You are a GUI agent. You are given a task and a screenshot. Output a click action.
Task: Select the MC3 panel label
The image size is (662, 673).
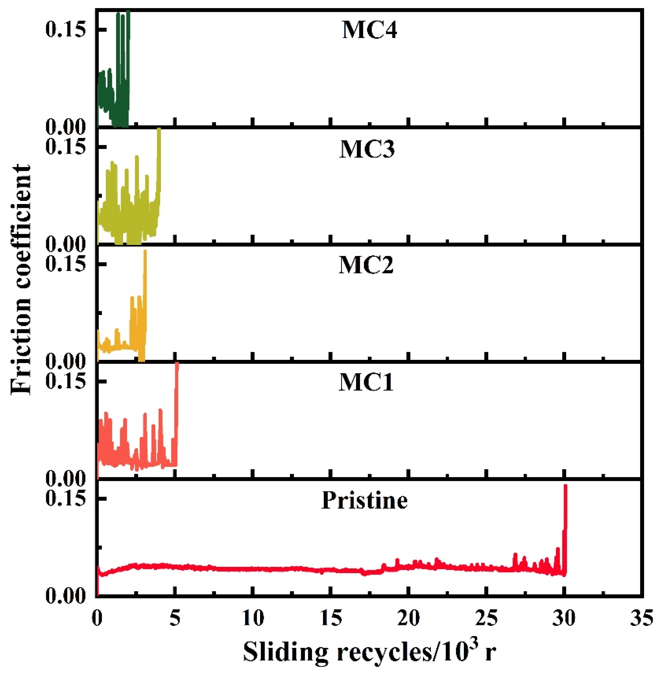[367, 150]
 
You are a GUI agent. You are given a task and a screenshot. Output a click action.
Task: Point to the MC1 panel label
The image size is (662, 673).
[366, 383]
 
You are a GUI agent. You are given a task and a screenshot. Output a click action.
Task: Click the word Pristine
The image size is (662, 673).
[364, 501]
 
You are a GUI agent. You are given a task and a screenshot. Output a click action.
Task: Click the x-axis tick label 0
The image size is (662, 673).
[97, 619]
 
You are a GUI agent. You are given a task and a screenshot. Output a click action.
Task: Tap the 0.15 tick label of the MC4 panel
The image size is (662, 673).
[66, 30]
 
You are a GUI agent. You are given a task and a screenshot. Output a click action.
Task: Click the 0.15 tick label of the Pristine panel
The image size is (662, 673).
[66, 499]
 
